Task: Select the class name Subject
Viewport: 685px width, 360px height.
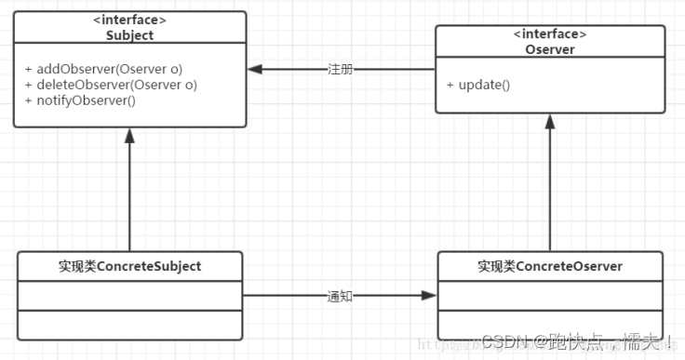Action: click(130, 36)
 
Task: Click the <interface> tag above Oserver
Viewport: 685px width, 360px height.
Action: click(550, 35)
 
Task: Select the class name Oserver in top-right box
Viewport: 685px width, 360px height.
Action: click(550, 50)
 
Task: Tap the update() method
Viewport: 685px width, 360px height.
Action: click(477, 85)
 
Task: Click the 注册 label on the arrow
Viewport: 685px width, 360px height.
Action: click(340, 70)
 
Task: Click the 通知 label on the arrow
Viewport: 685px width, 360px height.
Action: click(340, 297)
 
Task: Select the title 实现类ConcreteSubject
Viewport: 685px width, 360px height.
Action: click(130, 267)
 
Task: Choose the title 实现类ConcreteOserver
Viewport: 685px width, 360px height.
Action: click(550, 267)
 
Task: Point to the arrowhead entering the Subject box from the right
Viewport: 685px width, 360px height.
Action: click(255, 70)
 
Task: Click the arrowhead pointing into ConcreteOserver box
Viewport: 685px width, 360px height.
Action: click(428, 297)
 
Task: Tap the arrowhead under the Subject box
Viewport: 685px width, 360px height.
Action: click(130, 135)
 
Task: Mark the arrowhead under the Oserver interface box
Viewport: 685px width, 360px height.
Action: click(550, 121)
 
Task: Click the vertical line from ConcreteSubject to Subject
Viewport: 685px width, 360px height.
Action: click(130, 195)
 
